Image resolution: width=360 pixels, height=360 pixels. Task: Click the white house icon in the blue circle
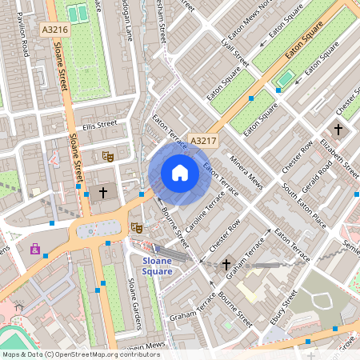(x=180, y=173)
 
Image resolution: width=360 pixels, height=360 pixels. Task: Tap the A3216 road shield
(x=54, y=30)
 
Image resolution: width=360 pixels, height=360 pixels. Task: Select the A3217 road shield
(x=203, y=141)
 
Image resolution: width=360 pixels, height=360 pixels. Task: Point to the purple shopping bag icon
(x=35, y=249)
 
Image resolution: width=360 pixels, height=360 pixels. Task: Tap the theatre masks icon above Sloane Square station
(x=137, y=228)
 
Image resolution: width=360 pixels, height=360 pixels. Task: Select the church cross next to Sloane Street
(x=102, y=193)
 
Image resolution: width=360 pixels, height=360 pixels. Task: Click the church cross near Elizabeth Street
(x=338, y=129)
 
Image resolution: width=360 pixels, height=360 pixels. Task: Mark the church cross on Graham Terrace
(x=226, y=264)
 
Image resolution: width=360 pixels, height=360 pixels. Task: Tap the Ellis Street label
(x=99, y=125)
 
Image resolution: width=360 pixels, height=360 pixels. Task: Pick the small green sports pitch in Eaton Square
(x=285, y=78)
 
